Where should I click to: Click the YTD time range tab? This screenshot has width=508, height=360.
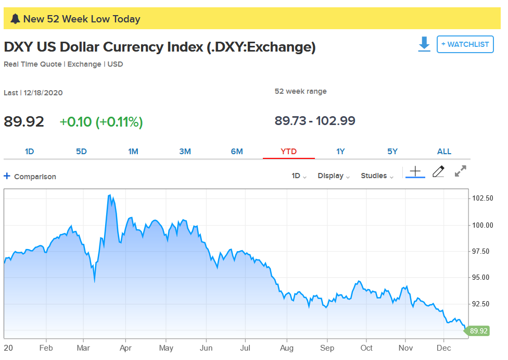[288, 152]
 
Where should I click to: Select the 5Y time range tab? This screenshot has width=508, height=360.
[392, 152]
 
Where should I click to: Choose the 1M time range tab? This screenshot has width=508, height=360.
[133, 152]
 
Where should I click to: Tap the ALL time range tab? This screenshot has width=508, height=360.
[444, 152]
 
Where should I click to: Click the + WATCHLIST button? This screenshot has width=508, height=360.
[465, 44]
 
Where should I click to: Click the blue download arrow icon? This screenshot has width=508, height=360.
[424, 44]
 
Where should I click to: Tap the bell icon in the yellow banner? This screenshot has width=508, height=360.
[15, 19]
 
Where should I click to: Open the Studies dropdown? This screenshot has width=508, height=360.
[377, 176]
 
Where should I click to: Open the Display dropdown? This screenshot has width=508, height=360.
[334, 176]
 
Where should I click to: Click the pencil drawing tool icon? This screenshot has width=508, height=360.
[438, 171]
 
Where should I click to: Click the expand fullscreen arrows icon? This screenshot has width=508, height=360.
[460, 171]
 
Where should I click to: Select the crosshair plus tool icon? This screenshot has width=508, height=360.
[415, 171]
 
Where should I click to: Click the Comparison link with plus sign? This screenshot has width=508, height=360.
[30, 177]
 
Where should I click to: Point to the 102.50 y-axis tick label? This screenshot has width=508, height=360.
[482, 198]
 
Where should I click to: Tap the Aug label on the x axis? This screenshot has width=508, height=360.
[287, 348]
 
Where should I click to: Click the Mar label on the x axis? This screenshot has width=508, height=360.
[84, 348]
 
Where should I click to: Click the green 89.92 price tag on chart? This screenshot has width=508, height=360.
[478, 331]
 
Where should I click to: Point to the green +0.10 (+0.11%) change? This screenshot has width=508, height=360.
[101, 122]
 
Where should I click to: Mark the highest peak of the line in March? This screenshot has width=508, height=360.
[109, 195]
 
